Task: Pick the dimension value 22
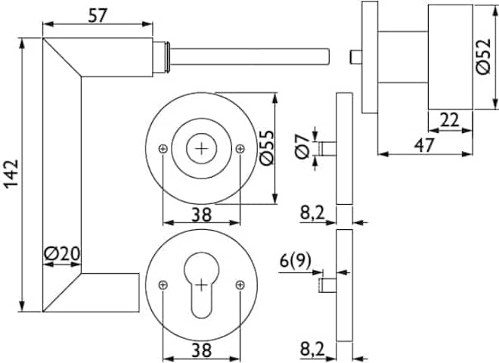click(x=449, y=119)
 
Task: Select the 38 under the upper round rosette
click(x=200, y=214)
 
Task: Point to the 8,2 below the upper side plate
click(x=311, y=213)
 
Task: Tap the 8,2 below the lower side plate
click(x=311, y=349)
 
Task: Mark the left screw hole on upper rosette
click(x=163, y=149)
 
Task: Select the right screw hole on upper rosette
click(x=240, y=149)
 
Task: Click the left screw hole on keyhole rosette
click(x=163, y=284)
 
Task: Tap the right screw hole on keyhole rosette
click(x=240, y=284)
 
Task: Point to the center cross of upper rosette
click(x=201, y=149)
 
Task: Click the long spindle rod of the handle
click(x=249, y=56)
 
